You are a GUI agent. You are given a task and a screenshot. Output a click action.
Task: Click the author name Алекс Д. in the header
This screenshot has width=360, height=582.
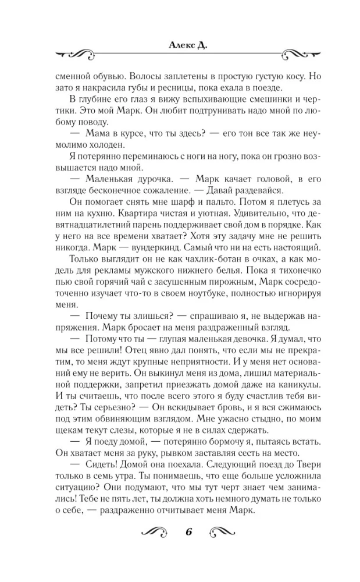(x=180, y=44)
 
